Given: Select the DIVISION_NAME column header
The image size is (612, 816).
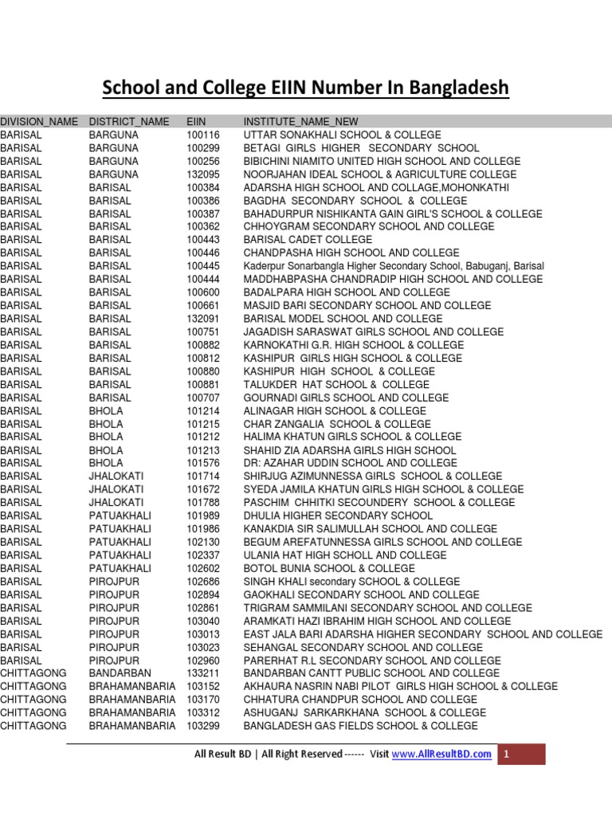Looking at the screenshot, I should click(39, 122).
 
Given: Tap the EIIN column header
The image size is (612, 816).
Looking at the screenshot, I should click(196, 122).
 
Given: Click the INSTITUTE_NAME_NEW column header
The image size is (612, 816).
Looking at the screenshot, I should click(301, 122).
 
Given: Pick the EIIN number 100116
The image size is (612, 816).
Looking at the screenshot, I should click(202, 135).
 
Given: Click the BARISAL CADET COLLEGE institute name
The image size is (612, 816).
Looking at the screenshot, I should click(308, 240).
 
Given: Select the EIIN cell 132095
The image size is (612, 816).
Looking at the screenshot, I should click(202, 175).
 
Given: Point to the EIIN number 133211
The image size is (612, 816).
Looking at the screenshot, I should click(202, 673).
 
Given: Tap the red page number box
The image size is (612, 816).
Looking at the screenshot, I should click(522, 755).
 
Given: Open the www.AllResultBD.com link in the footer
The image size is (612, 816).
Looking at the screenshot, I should click(441, 755).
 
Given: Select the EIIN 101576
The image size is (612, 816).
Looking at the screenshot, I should click(202, 463).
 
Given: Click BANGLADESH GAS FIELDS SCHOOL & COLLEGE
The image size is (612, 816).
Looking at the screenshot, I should click(360, 726).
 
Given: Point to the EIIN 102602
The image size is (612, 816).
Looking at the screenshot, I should click(202, 568).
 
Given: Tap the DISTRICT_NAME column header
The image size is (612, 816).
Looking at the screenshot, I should click(129, 122).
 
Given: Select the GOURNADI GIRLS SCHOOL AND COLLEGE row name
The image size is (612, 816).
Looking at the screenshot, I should click(346, 398).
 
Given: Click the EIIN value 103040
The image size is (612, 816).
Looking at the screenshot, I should click(202, 621).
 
